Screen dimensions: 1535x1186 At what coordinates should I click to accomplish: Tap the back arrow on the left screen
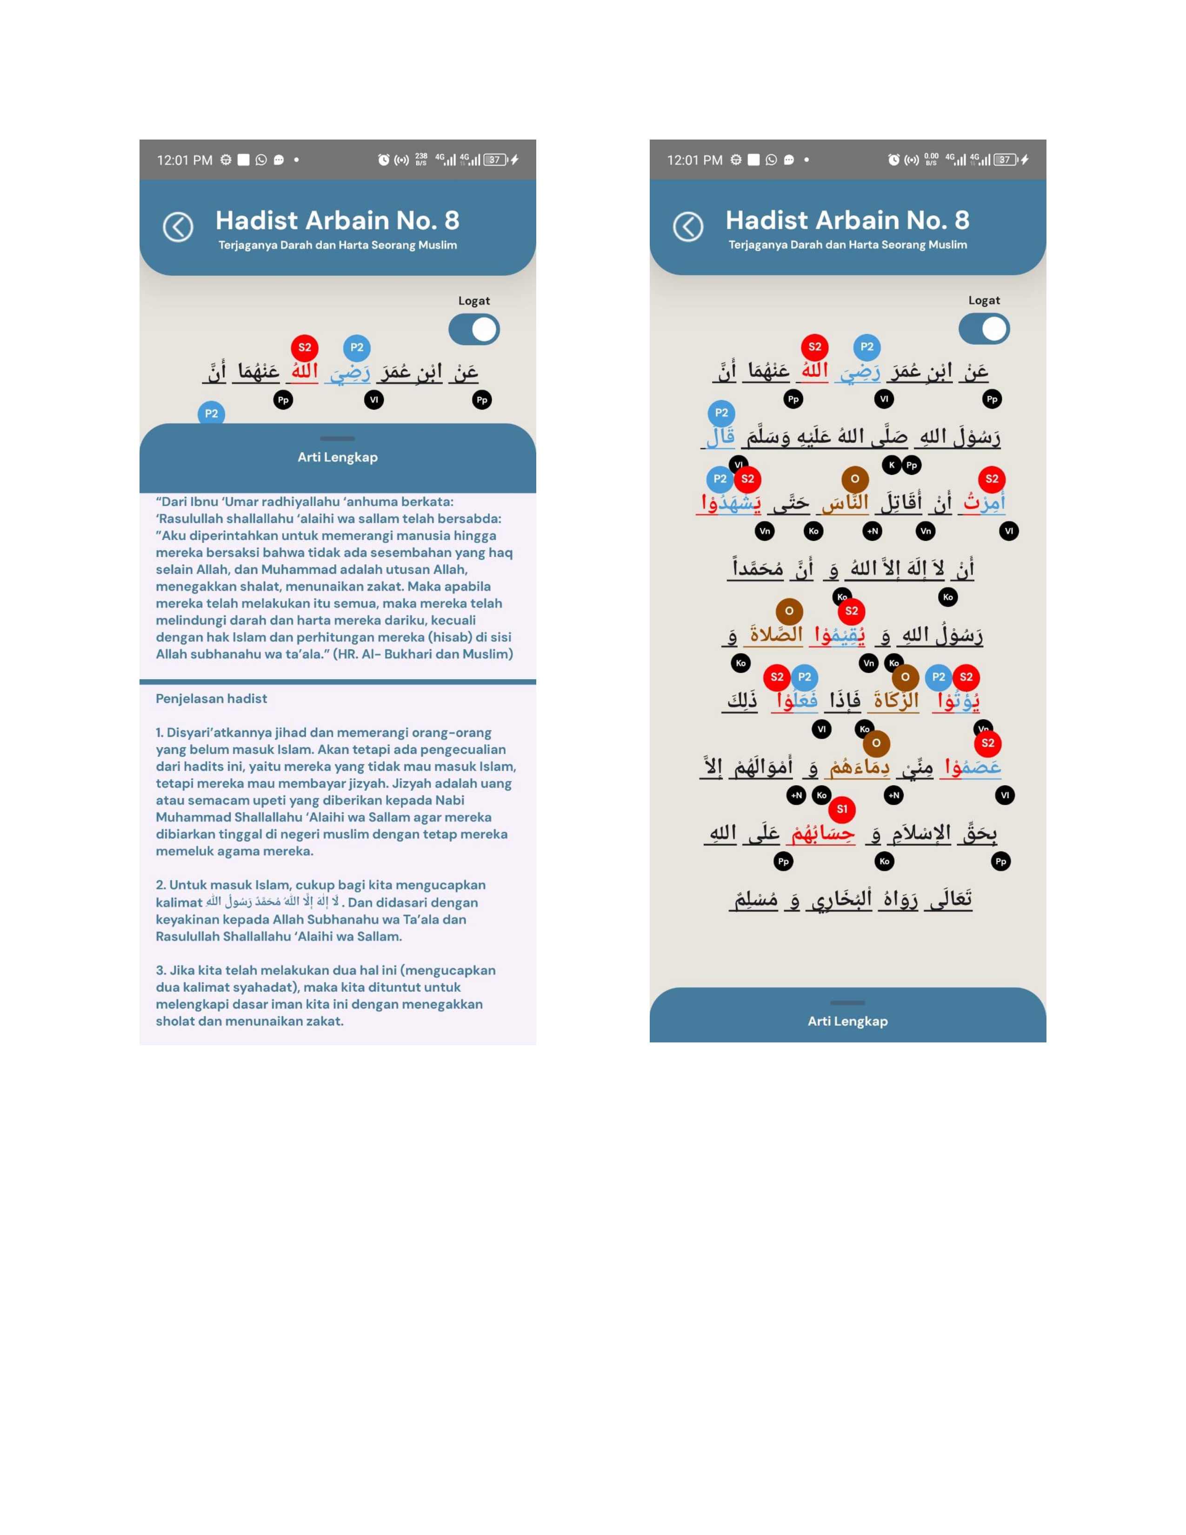point(178,227)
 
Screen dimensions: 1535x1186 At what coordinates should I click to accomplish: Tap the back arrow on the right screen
point(688,227)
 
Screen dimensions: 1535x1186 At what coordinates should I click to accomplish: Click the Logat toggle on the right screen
point(984,329)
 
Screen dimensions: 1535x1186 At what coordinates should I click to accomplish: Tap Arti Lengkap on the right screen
point(847,1021)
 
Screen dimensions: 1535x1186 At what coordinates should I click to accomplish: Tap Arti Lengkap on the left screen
point(337,457)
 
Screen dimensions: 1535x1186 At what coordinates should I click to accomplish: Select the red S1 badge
point(842,809)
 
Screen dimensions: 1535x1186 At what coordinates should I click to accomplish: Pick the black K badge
point(892,465)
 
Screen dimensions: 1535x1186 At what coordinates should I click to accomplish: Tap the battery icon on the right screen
point(1006,160)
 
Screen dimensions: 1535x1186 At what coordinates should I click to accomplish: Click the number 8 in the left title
point(452,220)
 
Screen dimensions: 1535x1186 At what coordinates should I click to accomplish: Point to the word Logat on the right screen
point(984,300)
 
